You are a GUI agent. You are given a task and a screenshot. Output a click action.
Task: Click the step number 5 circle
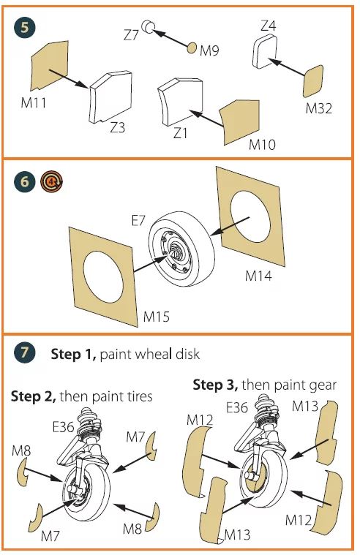[x=25, y=27]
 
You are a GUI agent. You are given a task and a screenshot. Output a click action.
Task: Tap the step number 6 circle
[x=25, y=182]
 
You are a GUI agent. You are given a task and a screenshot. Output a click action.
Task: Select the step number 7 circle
[x=25, y=352]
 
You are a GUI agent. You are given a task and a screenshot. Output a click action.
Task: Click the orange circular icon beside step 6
[x=52, y=182]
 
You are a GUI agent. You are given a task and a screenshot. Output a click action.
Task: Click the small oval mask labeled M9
[x=192, y=48]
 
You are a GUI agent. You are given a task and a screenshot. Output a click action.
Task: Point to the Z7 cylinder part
[x=148, y=26]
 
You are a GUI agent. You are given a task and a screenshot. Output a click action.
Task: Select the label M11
[x=34, y=103]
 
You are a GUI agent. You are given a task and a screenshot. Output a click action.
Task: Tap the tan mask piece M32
[x=313, y=81]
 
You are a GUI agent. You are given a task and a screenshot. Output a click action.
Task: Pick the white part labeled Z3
[x=110, y=97]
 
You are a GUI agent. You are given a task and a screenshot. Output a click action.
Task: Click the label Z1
[x=180, y=133]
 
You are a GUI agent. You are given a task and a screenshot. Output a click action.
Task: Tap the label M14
[x=259, y=276]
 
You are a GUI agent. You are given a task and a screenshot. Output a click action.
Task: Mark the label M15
[x=157, y=317]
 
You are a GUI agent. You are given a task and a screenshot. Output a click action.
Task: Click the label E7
[x=138, y=221]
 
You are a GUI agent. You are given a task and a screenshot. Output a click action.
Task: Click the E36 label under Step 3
[x=236, y=407]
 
